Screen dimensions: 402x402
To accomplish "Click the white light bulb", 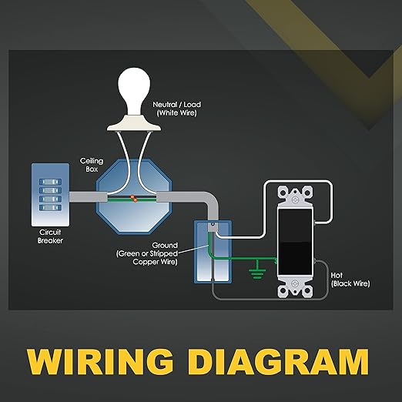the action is pos(134,89).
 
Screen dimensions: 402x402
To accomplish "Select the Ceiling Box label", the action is pos(92,165).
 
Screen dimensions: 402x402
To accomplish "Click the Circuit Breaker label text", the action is pos(50,236).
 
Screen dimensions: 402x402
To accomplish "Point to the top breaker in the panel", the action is pos(50,182).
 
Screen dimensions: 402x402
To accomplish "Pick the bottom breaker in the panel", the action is pos(50,207).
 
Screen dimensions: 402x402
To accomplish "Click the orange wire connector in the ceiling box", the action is pos(133,199).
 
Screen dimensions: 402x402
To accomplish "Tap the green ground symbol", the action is pos(257,270).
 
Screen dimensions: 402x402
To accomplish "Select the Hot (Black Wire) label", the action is pos(350,280).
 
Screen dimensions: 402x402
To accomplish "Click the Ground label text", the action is pos(165,245).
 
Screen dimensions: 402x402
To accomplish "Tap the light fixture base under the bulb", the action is pos(134,123).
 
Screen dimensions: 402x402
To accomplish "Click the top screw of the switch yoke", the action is pos(295,199).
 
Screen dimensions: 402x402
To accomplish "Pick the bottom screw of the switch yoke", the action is pos(295,284).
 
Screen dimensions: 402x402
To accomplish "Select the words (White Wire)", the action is pos(176,113).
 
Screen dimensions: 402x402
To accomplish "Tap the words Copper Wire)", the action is pos(155,262).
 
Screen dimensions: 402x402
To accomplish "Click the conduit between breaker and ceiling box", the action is pos(88,196).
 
